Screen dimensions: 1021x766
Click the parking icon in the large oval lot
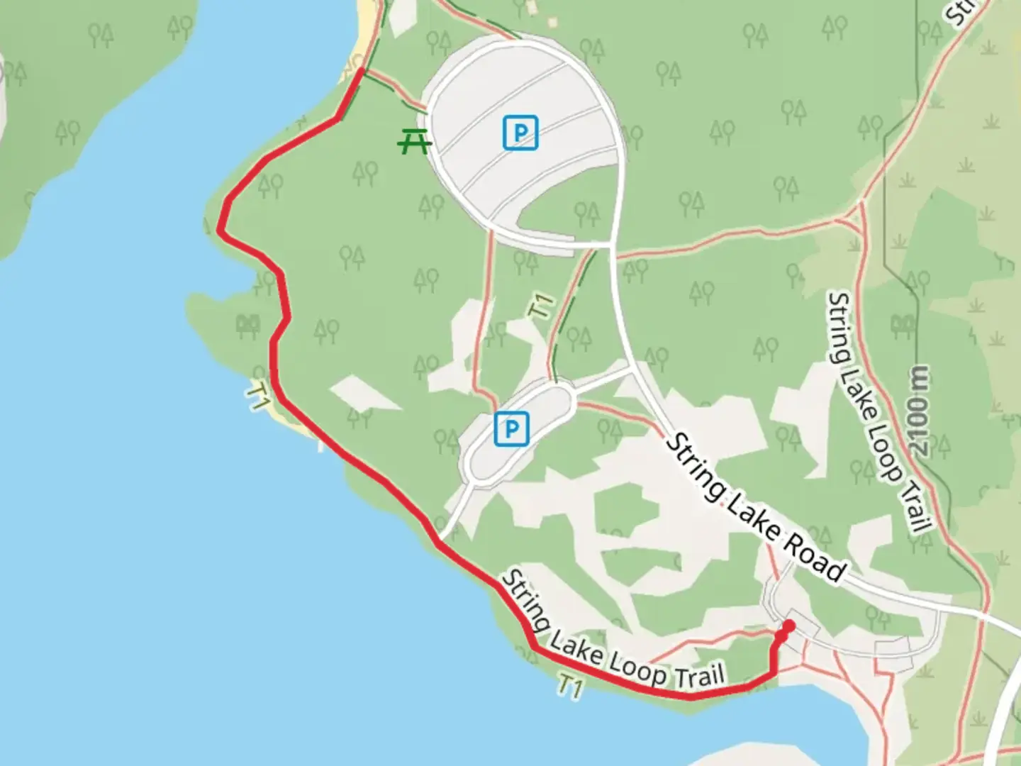tap(520, 133)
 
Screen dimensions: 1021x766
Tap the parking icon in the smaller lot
tap(511, 428)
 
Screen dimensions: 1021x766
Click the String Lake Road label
tap(757, 509)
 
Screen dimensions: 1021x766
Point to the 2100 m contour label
tap(920, 411)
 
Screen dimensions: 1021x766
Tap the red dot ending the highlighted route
tap(788, 626)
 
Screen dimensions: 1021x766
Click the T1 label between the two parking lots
tap(541, 307)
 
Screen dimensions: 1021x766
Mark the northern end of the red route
tap(363, 70)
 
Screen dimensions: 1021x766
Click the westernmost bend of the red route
tap(221, 230)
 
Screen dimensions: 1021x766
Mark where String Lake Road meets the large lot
tap(614, 245)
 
